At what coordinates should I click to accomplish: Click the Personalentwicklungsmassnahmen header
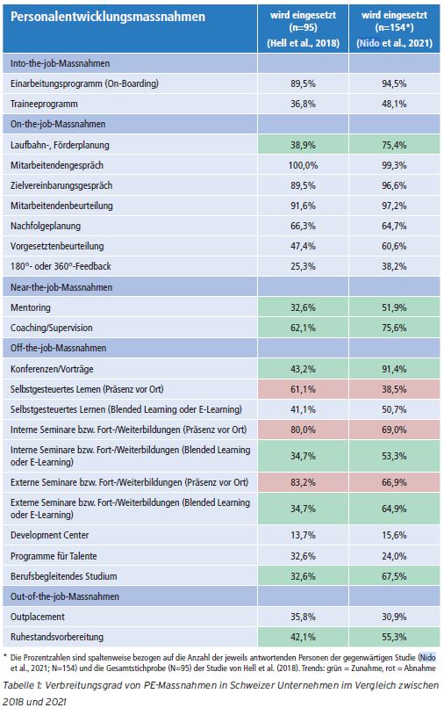pos(107,17)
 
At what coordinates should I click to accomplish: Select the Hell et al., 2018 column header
pos(303,29)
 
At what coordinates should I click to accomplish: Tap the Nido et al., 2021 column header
pos(394,29)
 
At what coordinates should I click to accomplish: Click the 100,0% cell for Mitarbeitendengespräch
pos(303,165)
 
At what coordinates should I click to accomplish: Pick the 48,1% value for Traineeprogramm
pos(394,104)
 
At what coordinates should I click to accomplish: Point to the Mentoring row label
pos(31,307)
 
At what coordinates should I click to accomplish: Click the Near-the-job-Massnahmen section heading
pos(61,287)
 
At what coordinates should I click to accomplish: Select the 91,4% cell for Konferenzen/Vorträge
pos(394,369)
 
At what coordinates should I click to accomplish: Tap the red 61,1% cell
pos(304,389)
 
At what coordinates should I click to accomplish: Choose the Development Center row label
pos(50,535)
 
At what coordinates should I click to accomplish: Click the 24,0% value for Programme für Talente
pos(394,556)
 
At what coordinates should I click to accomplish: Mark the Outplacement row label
pos(38,617)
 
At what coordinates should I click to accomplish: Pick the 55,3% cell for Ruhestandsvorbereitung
pos(394,637)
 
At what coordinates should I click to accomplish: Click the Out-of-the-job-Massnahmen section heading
pos(65,596)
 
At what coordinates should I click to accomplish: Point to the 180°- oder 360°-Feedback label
pos(61,266)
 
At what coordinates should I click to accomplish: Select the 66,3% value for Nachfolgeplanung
pos(303,226)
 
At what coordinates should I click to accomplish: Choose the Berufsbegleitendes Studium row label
pos(64,576)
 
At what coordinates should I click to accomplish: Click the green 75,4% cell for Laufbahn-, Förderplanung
pos(394,145)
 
